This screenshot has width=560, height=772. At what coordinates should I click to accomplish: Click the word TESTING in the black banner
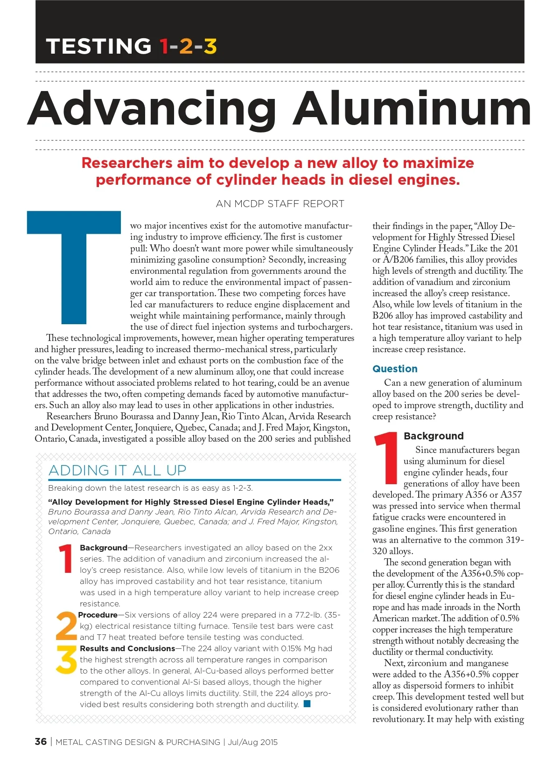pos(99,46)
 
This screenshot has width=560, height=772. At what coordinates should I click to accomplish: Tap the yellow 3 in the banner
pos(210,46)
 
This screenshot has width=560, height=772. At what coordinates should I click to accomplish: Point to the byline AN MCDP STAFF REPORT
pos(280,204)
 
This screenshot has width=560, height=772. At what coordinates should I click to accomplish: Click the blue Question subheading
pos(395,369)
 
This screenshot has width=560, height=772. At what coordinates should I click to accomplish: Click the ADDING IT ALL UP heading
pos(117,470)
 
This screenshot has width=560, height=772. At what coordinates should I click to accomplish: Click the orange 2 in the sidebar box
pos(66,626)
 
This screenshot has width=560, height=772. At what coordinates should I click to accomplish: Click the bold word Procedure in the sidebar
pos(98,615)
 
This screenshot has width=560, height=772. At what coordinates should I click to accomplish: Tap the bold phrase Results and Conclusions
pos(127,648)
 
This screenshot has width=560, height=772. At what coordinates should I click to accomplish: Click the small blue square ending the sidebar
pos(307,704)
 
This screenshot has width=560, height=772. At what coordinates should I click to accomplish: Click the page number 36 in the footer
pos(41,742)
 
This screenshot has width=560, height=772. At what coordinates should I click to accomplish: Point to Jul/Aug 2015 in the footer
pos(252,742)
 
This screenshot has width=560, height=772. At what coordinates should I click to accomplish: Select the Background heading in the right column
pos(434,436)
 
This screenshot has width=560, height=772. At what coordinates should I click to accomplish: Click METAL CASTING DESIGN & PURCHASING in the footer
pos(138,742)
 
